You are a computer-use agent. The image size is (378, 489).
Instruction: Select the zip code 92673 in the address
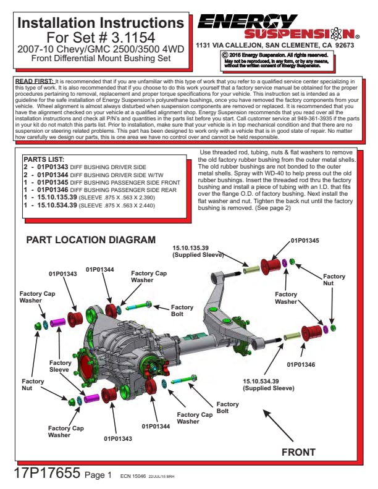coord(345,45)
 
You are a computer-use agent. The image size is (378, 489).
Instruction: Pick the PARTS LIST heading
coord(44,159)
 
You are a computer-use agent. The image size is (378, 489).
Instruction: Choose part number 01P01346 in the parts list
coord(52,190)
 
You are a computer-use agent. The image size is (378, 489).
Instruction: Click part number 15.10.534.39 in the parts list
coord(57,205)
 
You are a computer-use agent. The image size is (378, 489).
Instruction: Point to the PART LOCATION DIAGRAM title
coord(91,240)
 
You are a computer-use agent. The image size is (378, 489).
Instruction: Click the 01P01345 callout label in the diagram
coord(304,240)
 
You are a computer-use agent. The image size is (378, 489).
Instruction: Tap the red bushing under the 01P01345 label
coord(271,265)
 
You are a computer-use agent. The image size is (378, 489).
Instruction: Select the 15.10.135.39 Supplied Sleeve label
coord(198,251)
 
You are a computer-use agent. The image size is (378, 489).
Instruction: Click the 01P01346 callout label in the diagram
coord(301,364)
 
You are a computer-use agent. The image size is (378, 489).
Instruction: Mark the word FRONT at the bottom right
coord(298,452)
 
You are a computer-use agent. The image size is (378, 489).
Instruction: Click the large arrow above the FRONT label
coord(278,425)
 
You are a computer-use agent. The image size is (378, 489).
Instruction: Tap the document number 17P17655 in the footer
coord(47,473)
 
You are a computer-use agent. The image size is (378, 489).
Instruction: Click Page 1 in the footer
coord(98,475)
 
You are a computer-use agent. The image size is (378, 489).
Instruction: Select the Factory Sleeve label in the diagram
coord(60,366)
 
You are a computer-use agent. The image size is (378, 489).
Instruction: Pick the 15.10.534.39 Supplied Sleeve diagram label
coord(269,385)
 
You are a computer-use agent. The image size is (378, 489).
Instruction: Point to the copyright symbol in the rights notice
coord(225,55)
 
